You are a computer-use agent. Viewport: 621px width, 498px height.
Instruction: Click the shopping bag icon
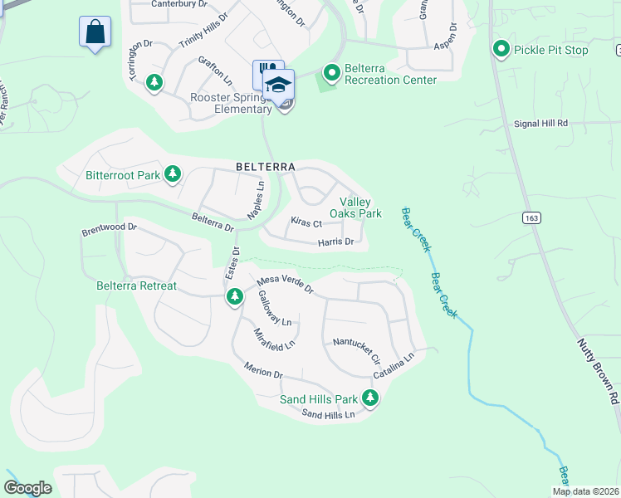coord(95,32)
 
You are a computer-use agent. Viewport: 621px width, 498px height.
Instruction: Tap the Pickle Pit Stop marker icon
coord(501,50)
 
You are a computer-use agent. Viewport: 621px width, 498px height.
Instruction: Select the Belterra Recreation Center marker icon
coord(331,74)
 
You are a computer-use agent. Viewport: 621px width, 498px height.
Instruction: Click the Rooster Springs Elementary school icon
coord(279,85)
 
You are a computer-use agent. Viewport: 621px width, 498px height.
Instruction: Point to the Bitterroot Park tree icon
coord(173,174)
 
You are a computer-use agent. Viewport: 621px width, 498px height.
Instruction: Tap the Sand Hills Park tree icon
coord(370,399)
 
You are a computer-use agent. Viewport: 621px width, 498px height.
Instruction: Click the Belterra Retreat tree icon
coord(235,296)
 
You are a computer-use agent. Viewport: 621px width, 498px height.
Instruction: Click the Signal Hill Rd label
coord(539,123)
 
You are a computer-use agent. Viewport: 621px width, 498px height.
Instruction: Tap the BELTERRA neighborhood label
coord(265,167)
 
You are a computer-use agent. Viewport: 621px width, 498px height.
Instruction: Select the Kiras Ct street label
coord(306,223)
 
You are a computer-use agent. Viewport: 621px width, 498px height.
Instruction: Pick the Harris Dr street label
coord(336,242)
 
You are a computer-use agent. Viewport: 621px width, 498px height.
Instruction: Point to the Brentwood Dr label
coord(108,227)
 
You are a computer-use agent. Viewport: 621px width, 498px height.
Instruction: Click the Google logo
coord(27,488)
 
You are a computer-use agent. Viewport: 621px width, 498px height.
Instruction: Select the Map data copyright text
coord(585,491)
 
